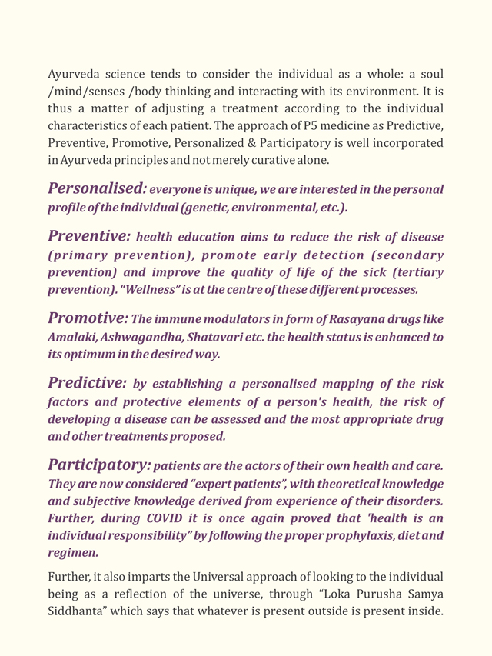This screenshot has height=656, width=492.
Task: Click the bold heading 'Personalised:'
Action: [97, 189]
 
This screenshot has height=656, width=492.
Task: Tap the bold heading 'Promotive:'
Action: [88, 318]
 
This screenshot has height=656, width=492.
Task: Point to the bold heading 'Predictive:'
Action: [87, 382]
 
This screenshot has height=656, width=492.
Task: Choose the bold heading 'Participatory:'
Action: [99, 465]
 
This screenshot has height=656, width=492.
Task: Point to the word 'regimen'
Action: [71, 553]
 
